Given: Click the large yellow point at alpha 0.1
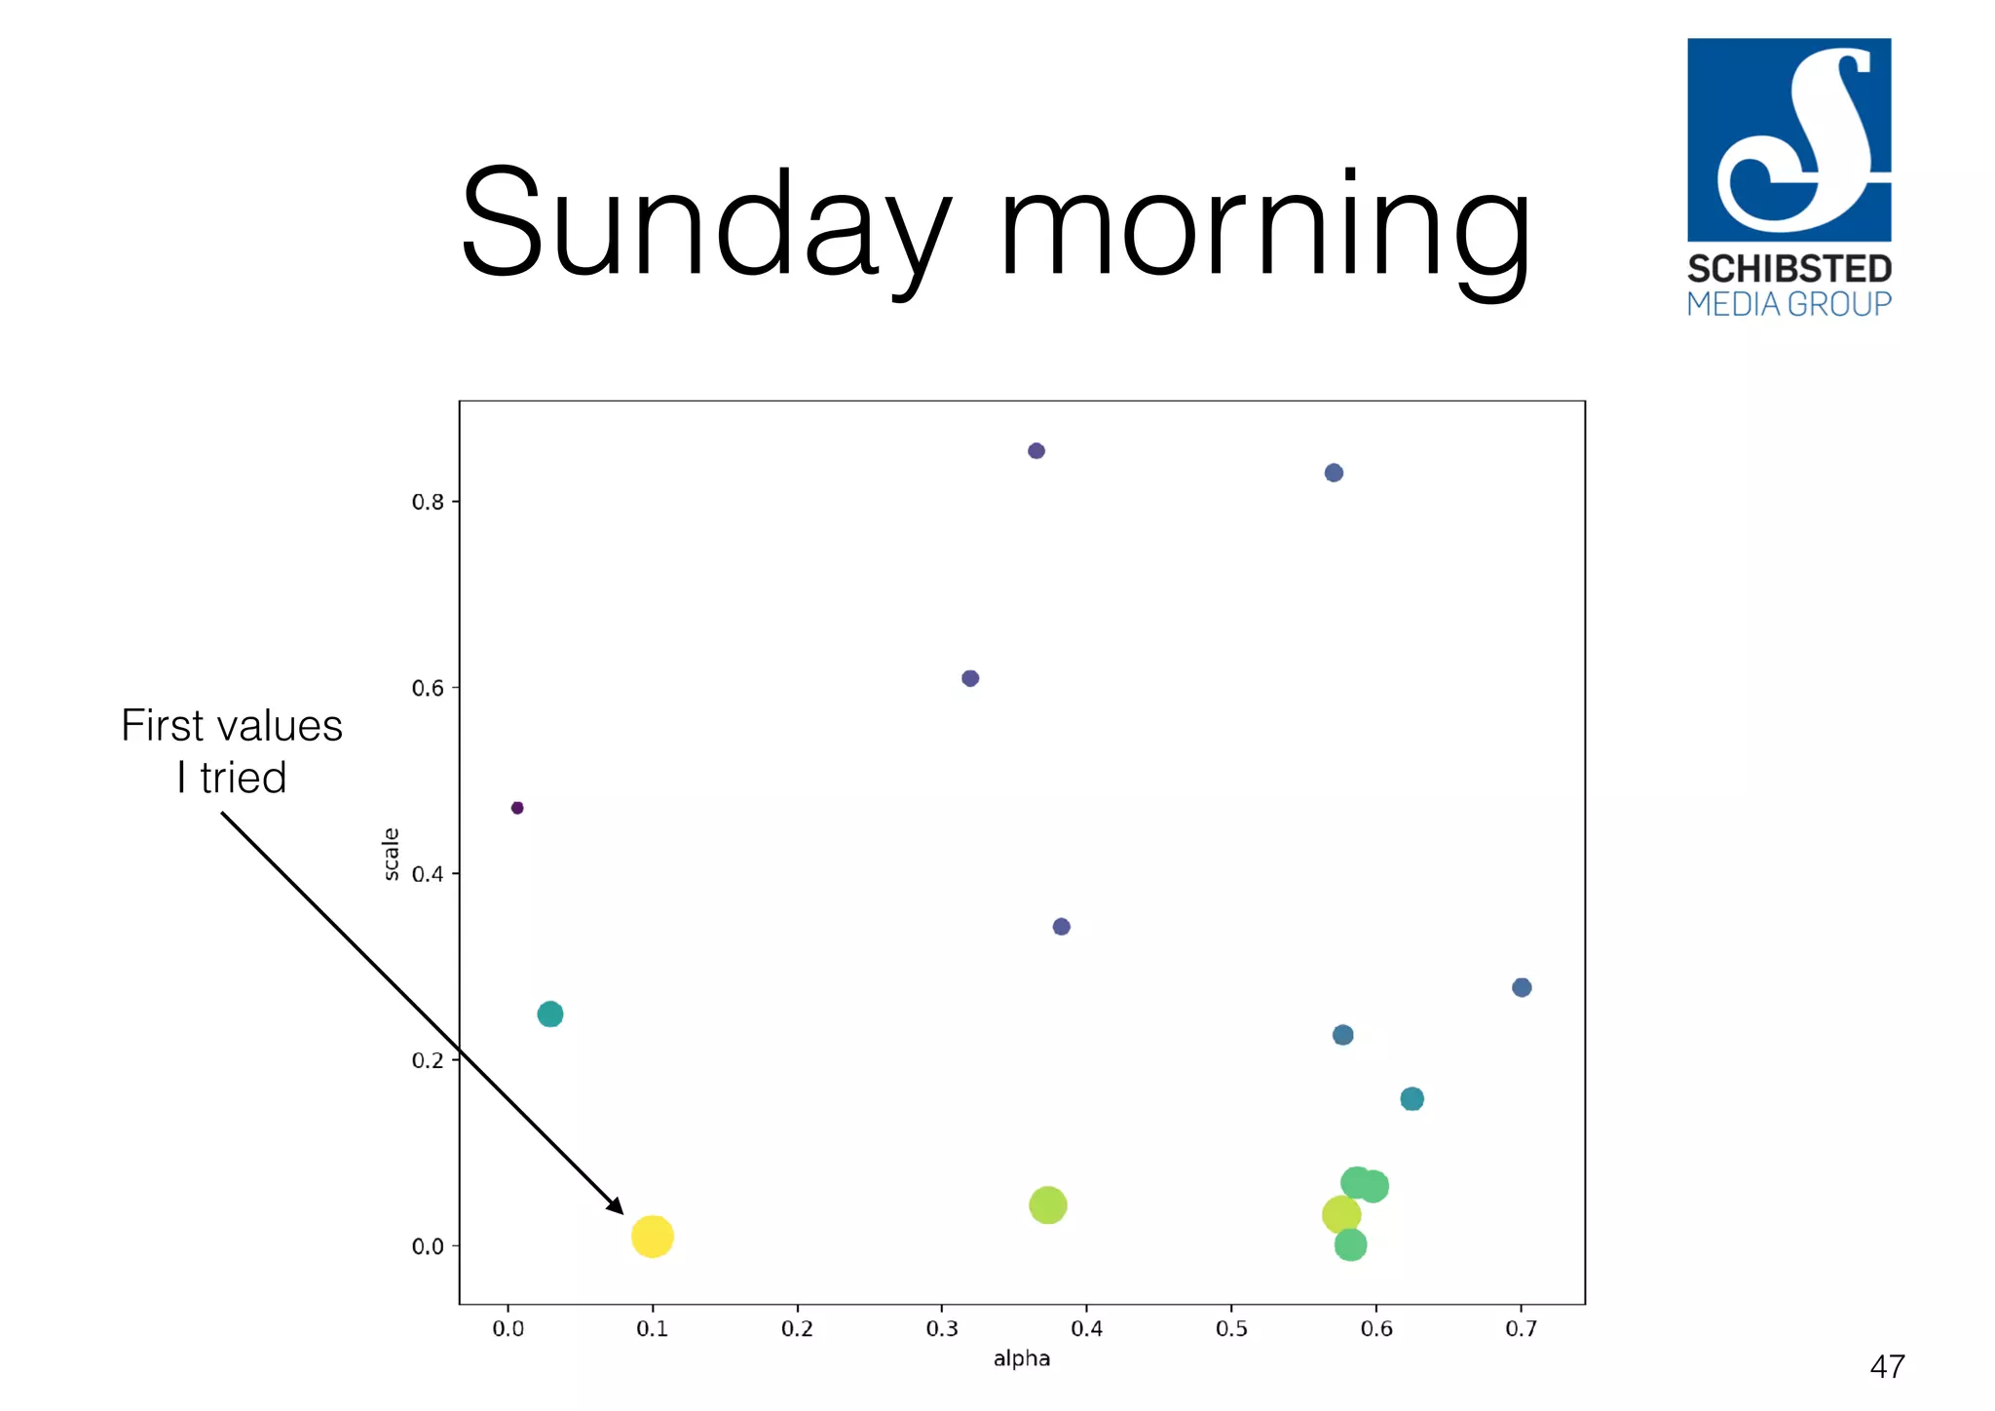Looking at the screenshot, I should pyautogui.click(x=652, y=1237).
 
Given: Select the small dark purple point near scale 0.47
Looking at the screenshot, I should pyautogui.click(x=517, y=808).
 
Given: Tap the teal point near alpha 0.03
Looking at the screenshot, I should pyautogui.click(x=550, y=1014).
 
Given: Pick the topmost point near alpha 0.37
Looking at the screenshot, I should pyautogui.click(x=1036, y=451).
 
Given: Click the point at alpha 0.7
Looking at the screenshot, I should pyautogui.click(x=1522, y=988).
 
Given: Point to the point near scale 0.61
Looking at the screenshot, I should pyautogui.click(x=970, y=678).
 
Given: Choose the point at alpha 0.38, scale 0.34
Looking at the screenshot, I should pyautogui.click(x=1062, y=927).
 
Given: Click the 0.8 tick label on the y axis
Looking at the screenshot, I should pyautogui.click(x=428, y=503).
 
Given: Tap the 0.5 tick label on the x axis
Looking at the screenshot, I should pyautogui.click(x=1231, y=1329).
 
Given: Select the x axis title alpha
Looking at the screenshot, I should pyautogui.click(x=1022, y=1359).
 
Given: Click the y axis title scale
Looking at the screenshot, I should pyautogui.click(x=392, y=854).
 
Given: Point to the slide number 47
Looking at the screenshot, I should pyautogui.click(x=1887, y=1367).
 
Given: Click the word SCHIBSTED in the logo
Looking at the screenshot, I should pyautogui.click(x=1789, y=269).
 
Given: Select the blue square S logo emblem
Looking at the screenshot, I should pyautogui.click(x=1789, y=139).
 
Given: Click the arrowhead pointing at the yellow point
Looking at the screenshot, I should pyautogui.click(x=616, y=1206).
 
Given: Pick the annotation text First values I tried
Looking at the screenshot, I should pyautogui.click(x=232, y=751).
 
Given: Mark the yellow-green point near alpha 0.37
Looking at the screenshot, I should pyautogui.click(x=1048, y=1205).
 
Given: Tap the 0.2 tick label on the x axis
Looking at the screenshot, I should pyautogui.click(x=797, y=1329).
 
